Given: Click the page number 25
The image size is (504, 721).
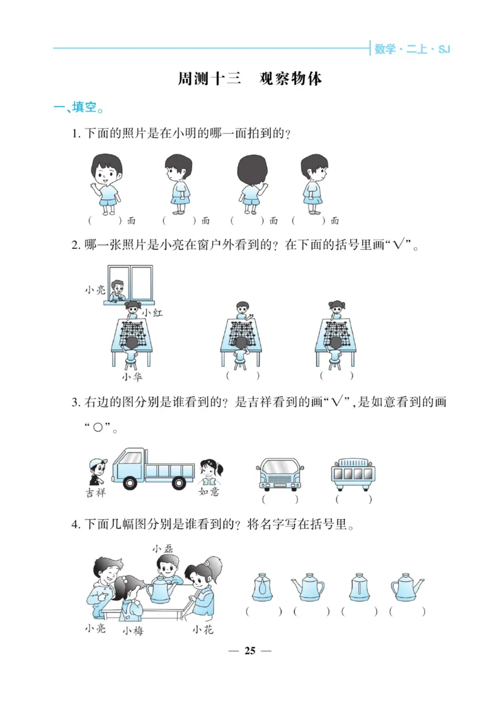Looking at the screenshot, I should tap(250, 651).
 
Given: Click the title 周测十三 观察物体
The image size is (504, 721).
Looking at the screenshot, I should tap(250, 79).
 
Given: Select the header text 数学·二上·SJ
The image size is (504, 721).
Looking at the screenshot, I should tap(412, 49).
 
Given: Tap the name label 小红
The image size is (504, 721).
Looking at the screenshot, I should tap(152, 313).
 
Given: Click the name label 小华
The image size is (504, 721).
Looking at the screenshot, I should tap(132, 377).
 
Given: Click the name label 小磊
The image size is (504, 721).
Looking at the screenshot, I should tap(163, 549).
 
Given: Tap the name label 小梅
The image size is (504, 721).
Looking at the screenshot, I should tap(132, 630).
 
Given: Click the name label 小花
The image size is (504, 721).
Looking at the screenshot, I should tap(203, 630).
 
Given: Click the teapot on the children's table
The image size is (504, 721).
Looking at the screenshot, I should tap(161, 589).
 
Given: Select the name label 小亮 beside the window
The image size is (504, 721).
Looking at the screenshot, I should tap(95, 290).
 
